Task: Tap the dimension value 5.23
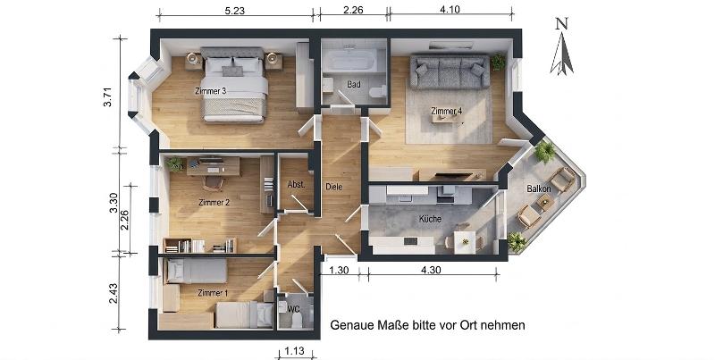tap(235, 11)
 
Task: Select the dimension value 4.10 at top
tap(450, 11)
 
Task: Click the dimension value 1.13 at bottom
tap(295, 350)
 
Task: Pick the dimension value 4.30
tap(429, 270)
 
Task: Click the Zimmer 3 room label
tap(210, 91)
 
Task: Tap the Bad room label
tap(353, 85)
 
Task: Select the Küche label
tap(432, 219)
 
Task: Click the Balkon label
tap(538, 189)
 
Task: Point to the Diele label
tap(335, 187)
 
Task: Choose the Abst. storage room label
tap(296, 185)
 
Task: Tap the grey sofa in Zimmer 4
tap(449, 71)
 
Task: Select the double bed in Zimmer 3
tap(235, 85)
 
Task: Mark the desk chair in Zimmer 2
tap(214, 183)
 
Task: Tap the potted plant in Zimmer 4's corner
tap(498, 62)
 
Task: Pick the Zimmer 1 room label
tap(213, 293)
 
